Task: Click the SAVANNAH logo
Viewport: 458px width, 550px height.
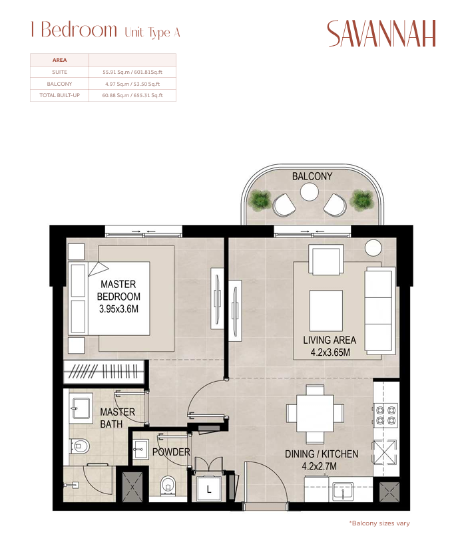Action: [x=381, y=33]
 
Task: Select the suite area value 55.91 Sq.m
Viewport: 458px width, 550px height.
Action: [x=116, y=72]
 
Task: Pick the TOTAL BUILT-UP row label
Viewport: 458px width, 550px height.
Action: [x=60, y=95]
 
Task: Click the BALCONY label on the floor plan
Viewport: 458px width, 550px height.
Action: [x=312, y=176]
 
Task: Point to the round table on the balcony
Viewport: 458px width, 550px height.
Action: [x=310, y=192]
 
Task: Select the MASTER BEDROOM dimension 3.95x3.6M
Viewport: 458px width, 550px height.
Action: [x=118, y=309]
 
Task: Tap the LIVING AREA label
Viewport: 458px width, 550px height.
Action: [x=330, y=340]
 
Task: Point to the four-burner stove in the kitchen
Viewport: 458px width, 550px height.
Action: [x=385, y=415]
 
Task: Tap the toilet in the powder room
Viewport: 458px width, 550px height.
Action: [x=168, y=485]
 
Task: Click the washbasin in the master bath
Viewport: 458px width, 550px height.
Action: [x=81, y=407]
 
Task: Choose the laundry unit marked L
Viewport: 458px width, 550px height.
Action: [x=209, y=489]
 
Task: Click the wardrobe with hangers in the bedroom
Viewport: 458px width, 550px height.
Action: [x=104, y=372]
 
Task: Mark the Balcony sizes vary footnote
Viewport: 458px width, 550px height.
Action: [x=379, y=523]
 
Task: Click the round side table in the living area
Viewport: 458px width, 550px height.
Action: [x=373, y=247]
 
